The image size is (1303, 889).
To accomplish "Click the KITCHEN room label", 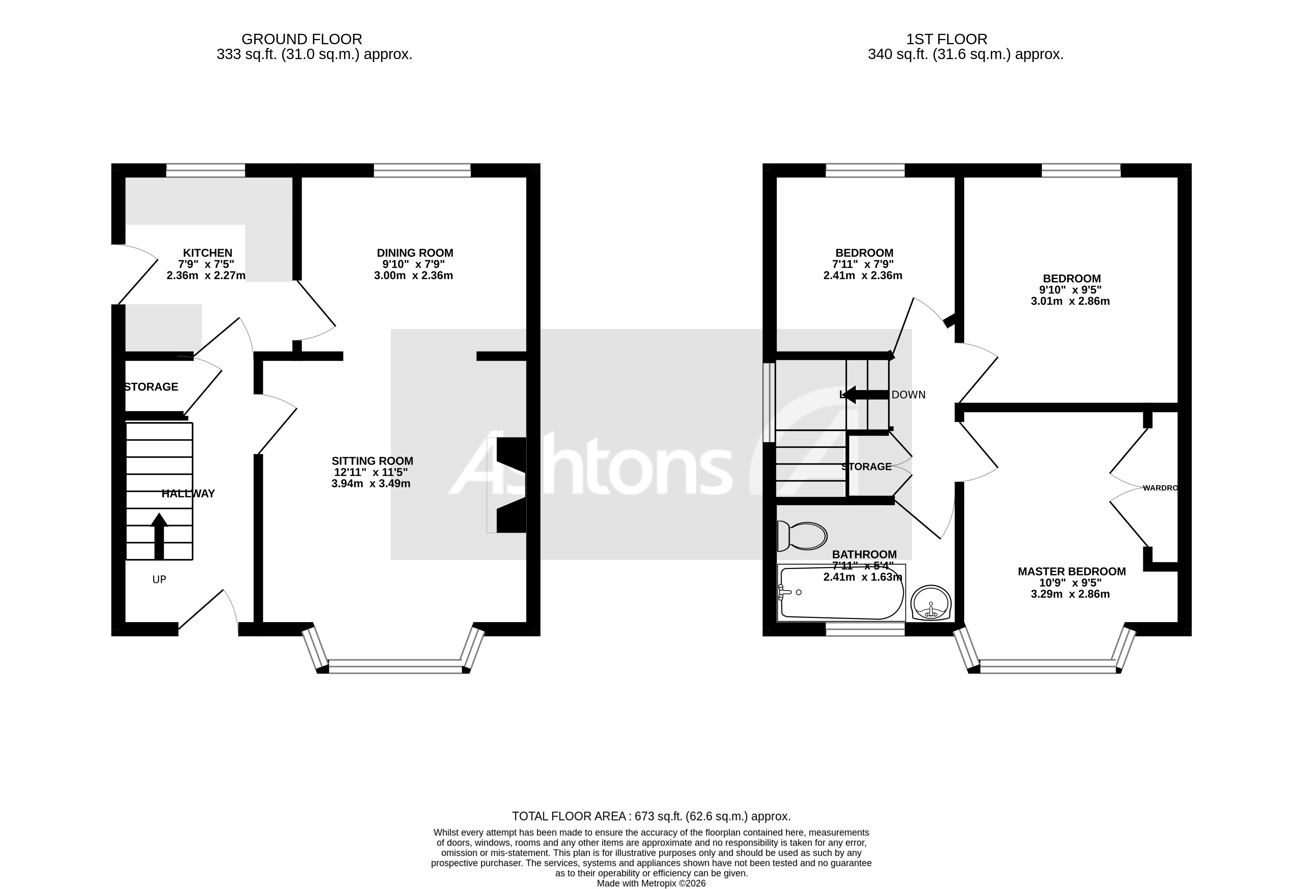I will (x=207, y=253).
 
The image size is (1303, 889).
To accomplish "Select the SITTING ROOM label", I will (x=372, y=461).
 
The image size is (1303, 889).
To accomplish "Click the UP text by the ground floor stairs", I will (x=159, y=579).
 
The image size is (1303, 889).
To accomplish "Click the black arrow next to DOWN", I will (x=865, y=394).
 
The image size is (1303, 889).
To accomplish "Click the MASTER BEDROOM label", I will (x=1072, y=572).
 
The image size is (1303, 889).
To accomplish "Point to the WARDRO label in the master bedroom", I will (x=1160, y=488).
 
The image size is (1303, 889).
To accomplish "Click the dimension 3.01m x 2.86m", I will (x=1070, y=301).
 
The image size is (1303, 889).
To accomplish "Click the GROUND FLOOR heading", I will (x=302, y=39).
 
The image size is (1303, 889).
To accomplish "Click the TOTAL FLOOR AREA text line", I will (x=651, y=816).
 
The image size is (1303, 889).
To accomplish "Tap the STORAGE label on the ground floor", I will (x=151, y=387).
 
